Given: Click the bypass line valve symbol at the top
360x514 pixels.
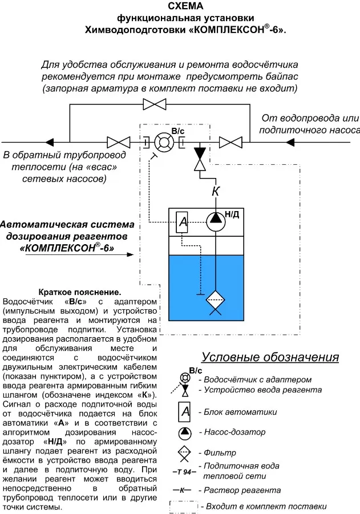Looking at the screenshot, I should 155,104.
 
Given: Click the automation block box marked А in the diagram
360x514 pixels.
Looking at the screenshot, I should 183,222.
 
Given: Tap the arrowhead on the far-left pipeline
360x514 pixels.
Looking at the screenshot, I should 51,141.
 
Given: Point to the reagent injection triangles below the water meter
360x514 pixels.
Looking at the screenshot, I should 200,159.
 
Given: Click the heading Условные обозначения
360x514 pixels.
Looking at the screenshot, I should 270,358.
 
